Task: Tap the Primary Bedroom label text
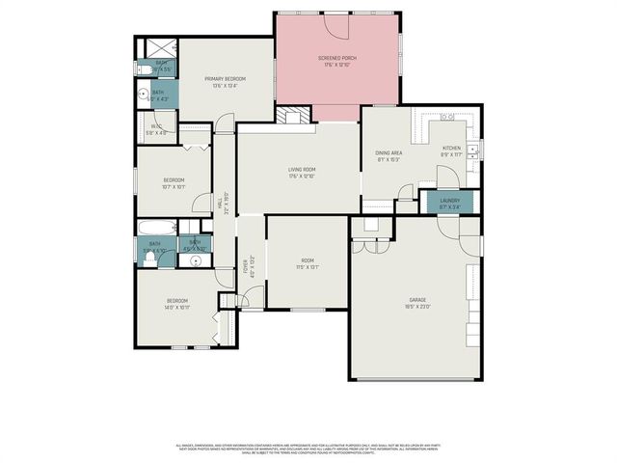pos(225,78)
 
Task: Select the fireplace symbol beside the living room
pos(296,116)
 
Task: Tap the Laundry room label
pos(449,202)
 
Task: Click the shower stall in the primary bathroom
pos(155,47)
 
